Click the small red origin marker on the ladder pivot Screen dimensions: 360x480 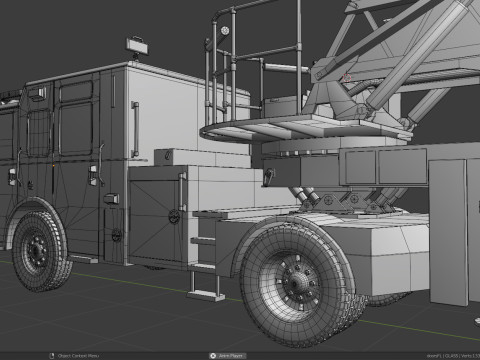(347, 76)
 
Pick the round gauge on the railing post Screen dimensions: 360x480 (224, 32)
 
